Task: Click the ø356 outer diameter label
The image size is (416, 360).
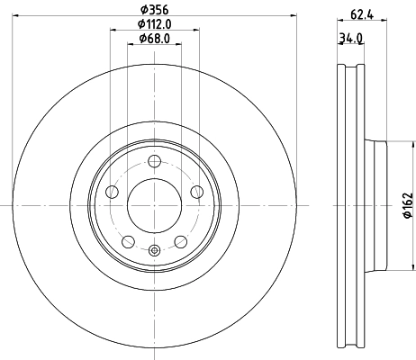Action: (154, 9)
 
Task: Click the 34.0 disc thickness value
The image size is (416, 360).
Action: (350, 38)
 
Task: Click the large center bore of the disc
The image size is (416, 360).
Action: (154, 205)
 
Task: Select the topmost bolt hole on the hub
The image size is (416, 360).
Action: (154, 161)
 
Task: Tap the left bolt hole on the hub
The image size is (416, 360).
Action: (113, 192)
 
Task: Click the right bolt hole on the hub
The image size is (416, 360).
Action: (196, 192)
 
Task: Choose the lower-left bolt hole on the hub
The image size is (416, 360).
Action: (128, 241)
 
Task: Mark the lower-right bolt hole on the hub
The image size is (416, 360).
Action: (180, 241)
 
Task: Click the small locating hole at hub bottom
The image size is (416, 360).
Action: (154, 251)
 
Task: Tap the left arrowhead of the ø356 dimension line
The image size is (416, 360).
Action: (16, 16)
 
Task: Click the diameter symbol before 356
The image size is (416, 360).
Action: (142, 9)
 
